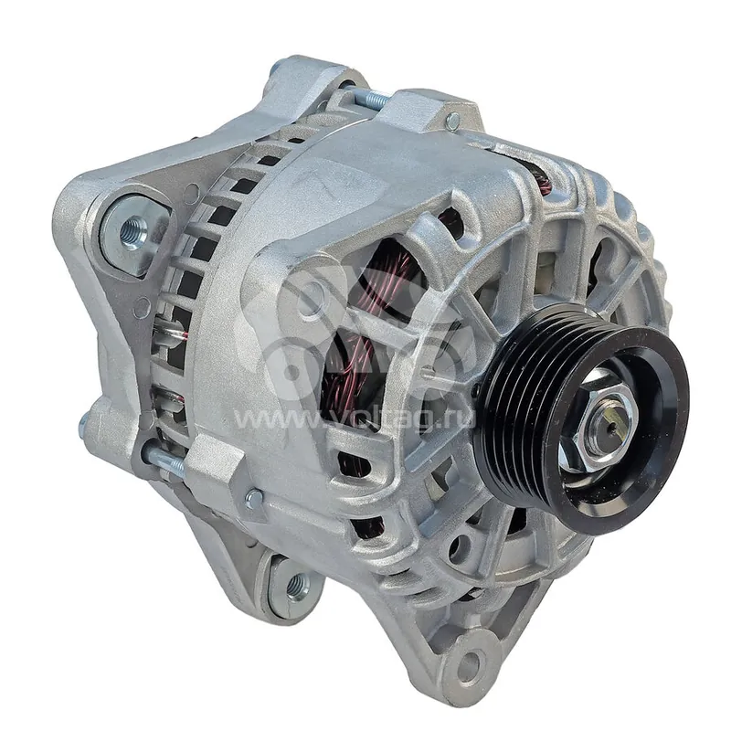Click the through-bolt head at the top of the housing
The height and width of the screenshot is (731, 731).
click(452, 122)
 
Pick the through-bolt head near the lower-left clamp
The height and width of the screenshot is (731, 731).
click(254, 500)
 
